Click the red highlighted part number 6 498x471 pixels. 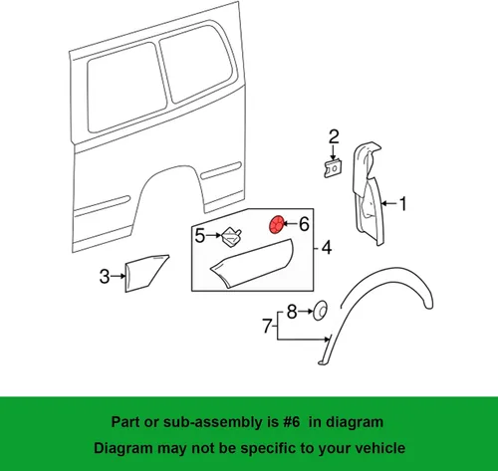click(x=276, y=224)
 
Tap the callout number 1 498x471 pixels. click(x=402, y=203)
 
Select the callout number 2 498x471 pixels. click(x=334, y=137)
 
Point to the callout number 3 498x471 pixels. click(x=105, y=276)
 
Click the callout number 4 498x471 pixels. click(x=327, y=248)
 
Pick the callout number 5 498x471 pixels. click(x=200, y=236)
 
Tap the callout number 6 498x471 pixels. click(x=305, y=224)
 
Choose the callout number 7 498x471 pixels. click(x=267, y=326)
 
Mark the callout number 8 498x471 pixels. click(x=292, y=312)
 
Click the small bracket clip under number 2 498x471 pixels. click(x=333, y=168)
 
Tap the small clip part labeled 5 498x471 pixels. click(x=231, y=237)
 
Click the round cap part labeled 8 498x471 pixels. click(x=321, y=311)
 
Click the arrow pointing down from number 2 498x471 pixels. click(x=333, y=153)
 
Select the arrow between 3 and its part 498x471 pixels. click(x=119, y=276)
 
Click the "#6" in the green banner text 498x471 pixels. click(x=292, y=422)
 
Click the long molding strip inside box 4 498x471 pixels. click(x=251, y=263)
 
